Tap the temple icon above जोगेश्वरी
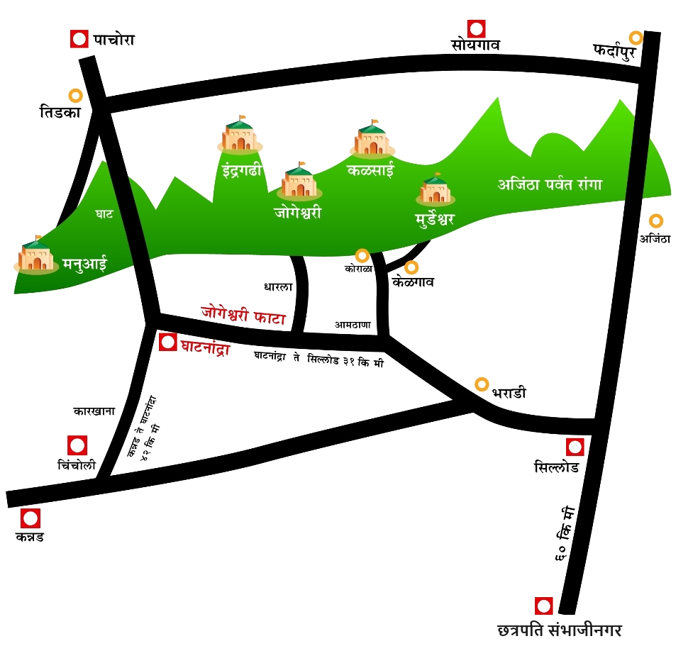[x=299, y=182]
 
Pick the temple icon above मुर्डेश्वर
[x=434, y=189]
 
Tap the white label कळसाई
[x=370, y=171]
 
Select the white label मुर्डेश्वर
[x=434, y=218]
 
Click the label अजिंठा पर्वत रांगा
[x=550, y=184]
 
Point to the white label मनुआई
[x=84, y=264]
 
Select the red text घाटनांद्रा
[x=205, y=347]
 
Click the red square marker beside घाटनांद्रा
[x=168, y=343]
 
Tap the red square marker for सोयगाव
[x=477, y=29]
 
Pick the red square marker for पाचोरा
[x=79, y=39]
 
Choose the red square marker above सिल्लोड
[x=575, y=447]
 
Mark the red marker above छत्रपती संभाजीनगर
[x=544, y=606]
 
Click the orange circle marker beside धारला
[x=482, y=384]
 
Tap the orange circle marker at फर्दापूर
[x=636, y=38]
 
